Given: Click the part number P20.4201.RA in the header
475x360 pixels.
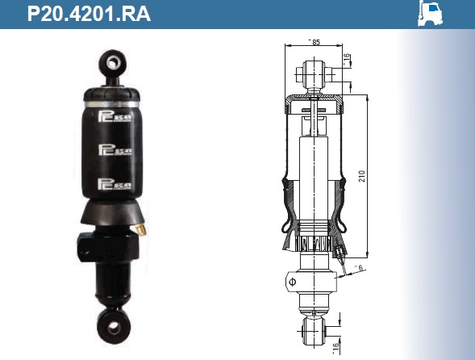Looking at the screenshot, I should pos(89,14).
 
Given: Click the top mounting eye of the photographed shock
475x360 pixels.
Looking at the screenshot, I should pos(112,61).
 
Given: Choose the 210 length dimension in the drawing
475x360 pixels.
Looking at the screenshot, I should pos(362,174).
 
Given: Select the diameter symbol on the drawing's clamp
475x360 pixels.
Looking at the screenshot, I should pos(292,283).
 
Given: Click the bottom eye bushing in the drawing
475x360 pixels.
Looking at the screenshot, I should pos(313,329).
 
